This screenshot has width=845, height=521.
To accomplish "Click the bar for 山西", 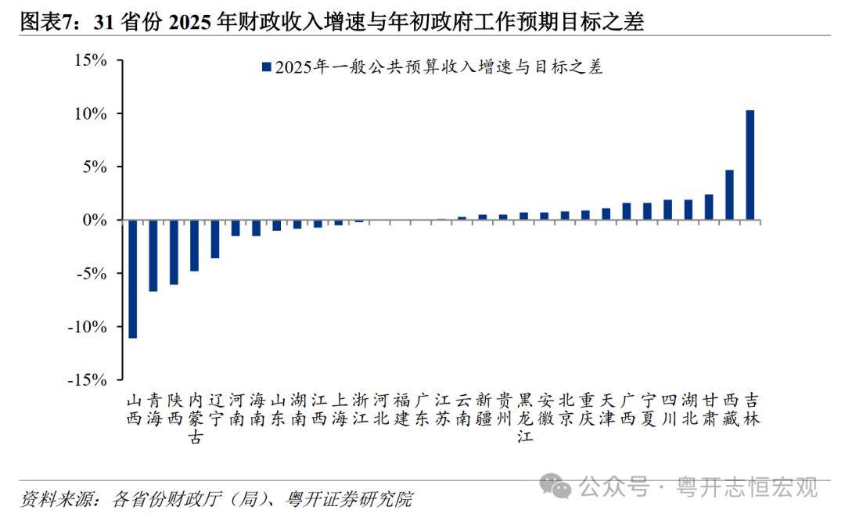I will pyautogui.click(x=133, y=278).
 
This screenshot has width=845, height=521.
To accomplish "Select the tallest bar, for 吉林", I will pyautogui.click(x=750, y=165).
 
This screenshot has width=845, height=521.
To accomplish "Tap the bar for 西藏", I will pyautogui.click(x=729, y=195).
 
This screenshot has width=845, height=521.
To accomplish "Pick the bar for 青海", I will pyautogui.click(x=153, y=256).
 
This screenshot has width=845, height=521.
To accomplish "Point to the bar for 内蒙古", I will pyautogui.click(x=194, y=246).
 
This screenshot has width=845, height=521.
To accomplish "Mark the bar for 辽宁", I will pyautogui.click(x=214, y=239).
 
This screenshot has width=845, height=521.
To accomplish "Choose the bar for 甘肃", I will pyautogui.click(x=709, y=207).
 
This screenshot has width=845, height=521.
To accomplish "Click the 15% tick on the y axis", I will pyautogui.click(x=91, y=60).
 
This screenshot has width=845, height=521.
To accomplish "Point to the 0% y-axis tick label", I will pyautogui.click(x=95, y=220).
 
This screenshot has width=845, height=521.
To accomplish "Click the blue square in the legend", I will pyautogui.click(x=266, y=67).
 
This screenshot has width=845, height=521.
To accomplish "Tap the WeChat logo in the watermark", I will pyautogui.click(x=561, y=487).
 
